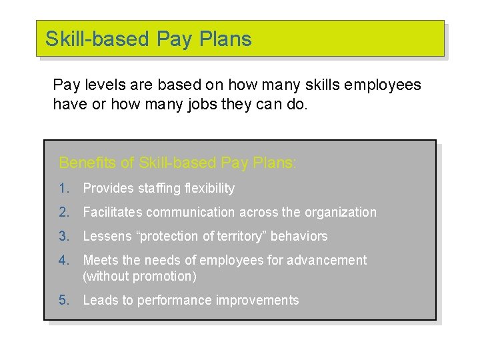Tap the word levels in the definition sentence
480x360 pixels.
point(101,85)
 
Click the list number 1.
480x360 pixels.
point(63,189)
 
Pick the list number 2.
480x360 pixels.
point(63,213)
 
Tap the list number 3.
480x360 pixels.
point(63,236)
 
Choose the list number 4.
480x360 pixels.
point(63,260)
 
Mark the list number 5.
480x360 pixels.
point(63,300)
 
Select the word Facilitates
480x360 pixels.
point(113,213)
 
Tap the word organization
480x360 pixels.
point(341,213)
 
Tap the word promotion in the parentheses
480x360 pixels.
point(165,276)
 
